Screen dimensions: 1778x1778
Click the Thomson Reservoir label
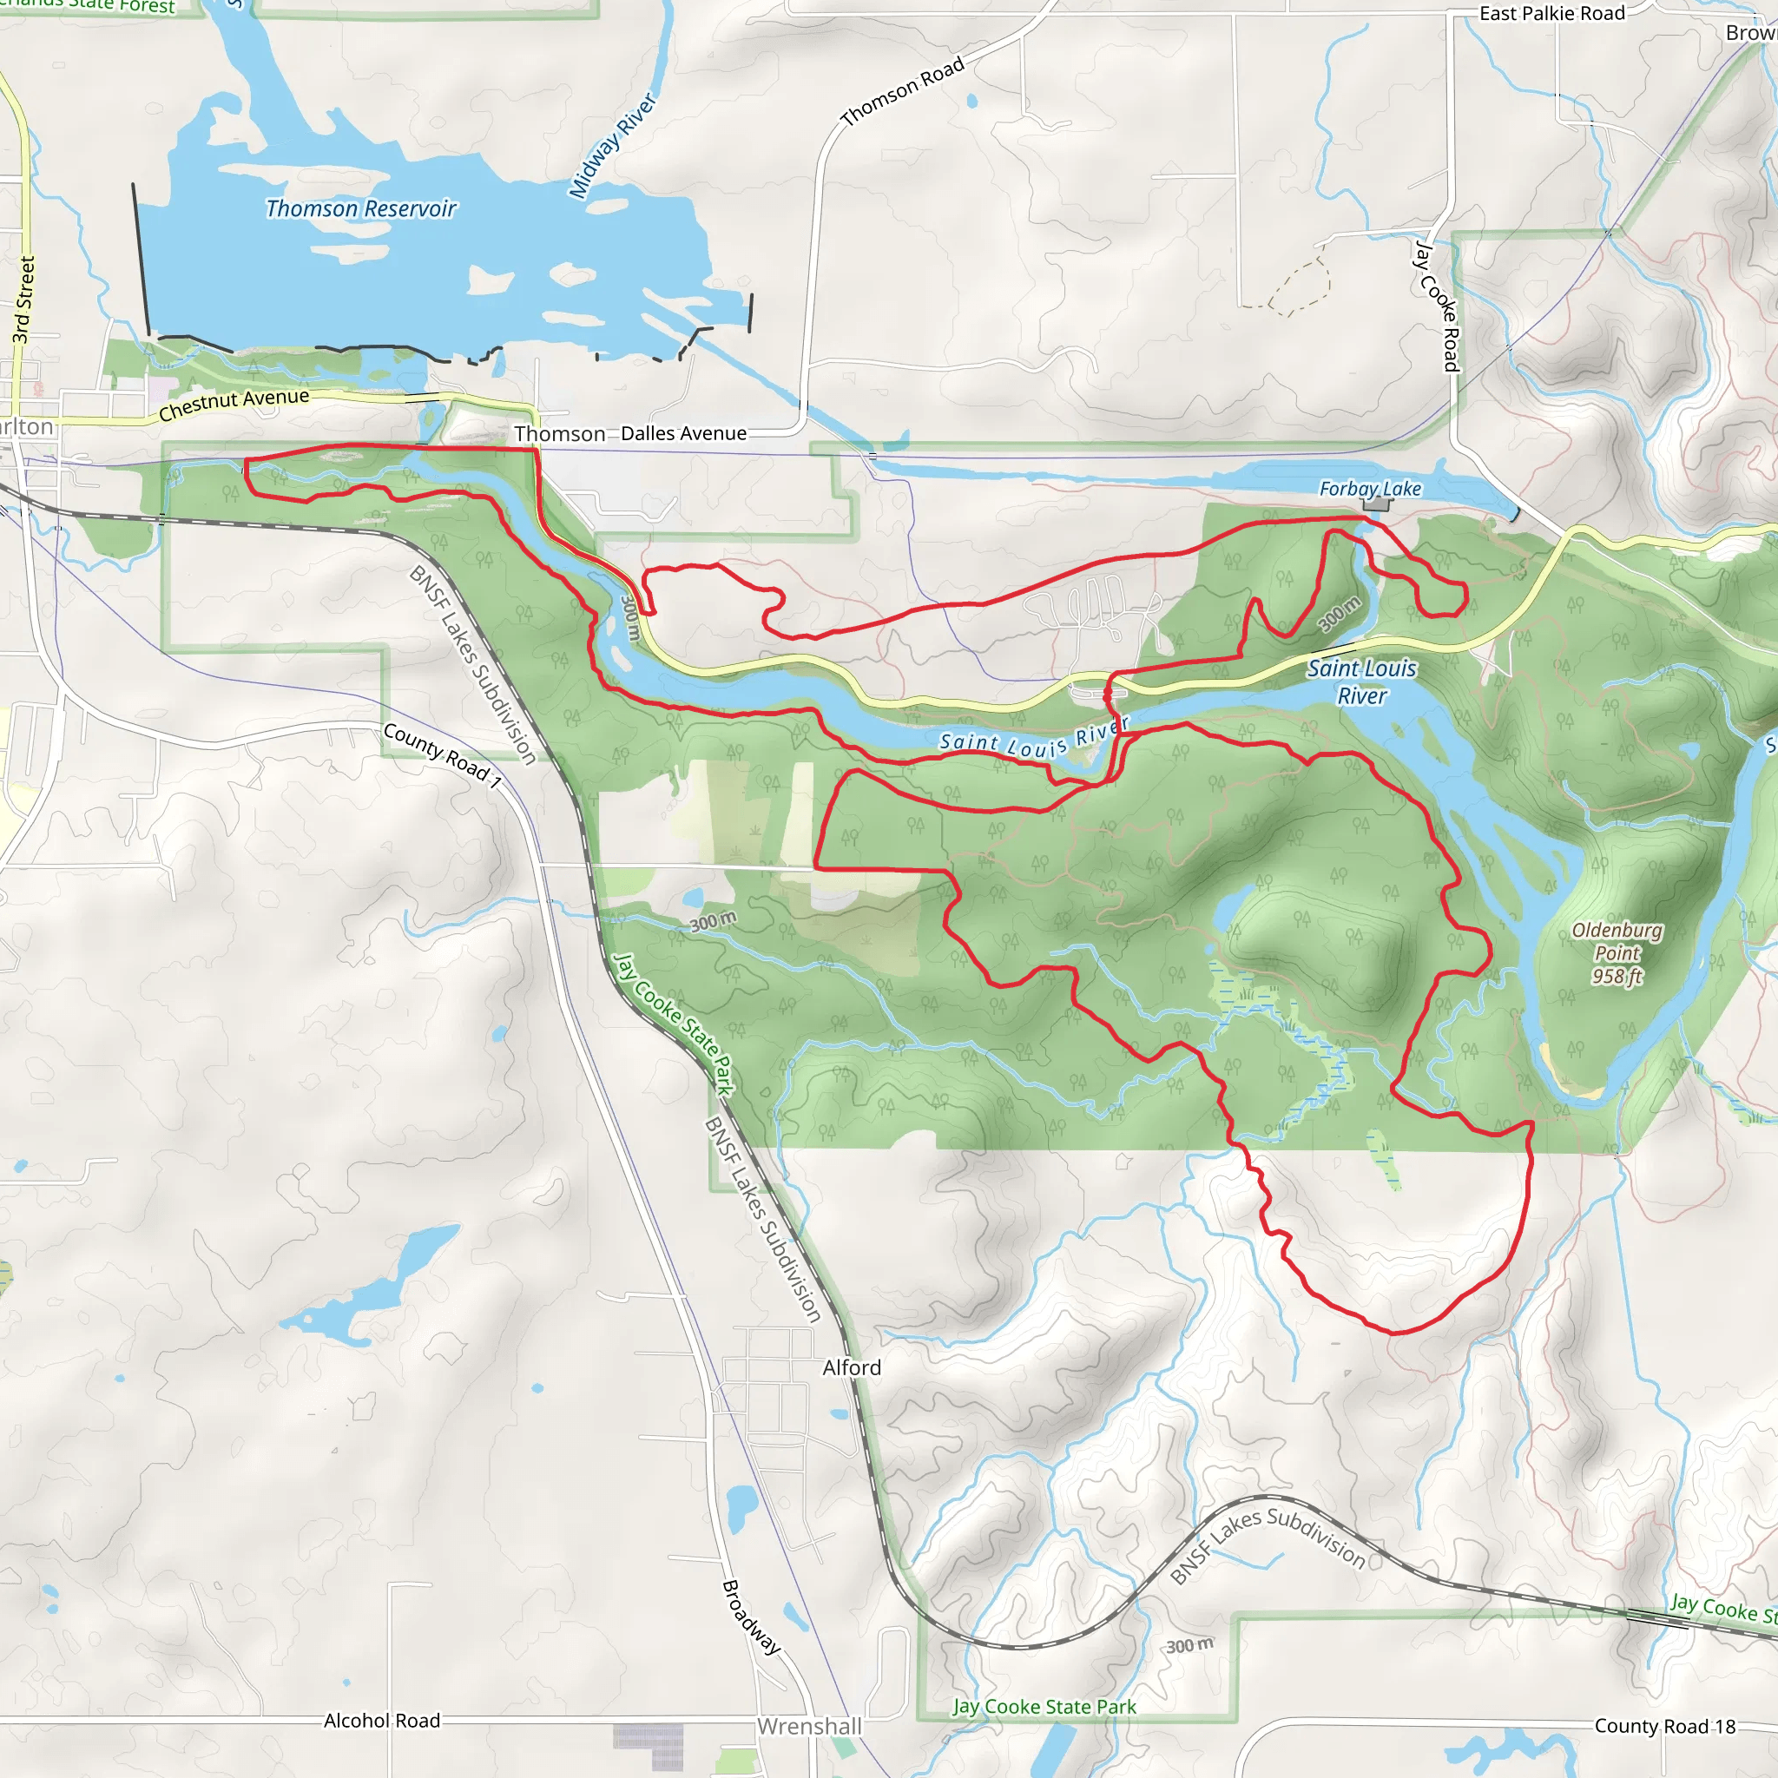point(361,209)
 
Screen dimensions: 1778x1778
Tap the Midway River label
point(612,145)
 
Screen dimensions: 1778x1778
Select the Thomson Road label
point(902,90)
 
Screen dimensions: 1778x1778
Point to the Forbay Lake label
point(1369,489)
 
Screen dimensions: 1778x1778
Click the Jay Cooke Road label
point(1437,306)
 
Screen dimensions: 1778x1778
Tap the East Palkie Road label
point(1551,14)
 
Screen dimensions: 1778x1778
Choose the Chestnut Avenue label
point(234,403)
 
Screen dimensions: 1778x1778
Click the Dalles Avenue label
point(683,433)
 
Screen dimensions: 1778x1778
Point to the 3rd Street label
point(24,300)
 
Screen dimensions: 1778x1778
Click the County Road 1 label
point(442,755)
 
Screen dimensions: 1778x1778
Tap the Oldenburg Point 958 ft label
point(1617,952)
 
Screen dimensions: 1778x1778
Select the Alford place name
point(852,1367)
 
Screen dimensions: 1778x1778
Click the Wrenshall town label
point(809,1727)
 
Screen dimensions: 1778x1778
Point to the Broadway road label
point(751,1617)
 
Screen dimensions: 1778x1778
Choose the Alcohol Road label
point(382,1720)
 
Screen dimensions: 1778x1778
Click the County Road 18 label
point(1664,1726)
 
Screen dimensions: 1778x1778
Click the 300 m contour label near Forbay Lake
point(1339,614)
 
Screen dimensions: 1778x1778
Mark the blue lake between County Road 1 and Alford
point(368,1288)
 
